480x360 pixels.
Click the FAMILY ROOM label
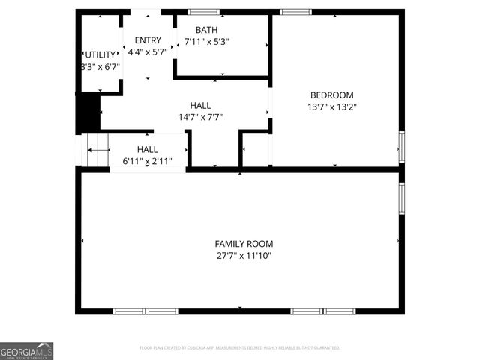(244, 244)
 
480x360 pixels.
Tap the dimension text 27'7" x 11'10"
(244, 256)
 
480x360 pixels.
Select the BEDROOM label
(332, 94)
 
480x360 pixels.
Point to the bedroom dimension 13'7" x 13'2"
(332, 106)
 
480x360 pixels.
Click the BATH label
(206, 30)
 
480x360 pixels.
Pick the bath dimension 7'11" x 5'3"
(206, 42)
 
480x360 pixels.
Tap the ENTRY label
(147, 40)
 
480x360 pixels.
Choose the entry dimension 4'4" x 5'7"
(147, 52)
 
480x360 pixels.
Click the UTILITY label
(100, 55)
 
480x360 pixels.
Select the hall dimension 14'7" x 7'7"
(200, 117)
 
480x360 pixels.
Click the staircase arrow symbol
(97, 151)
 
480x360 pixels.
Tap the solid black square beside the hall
(89, 112)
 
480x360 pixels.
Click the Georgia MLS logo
(27, 350)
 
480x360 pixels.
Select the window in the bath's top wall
(203, 12)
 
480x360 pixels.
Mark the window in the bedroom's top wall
(295, 12)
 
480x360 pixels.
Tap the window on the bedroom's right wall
(401, 147)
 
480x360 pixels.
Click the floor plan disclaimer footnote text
(240, 348)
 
